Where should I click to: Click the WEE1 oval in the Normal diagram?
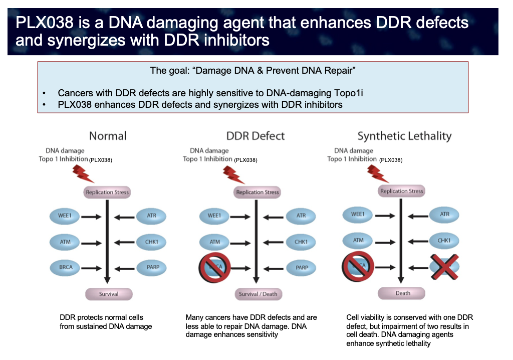coord(65,217)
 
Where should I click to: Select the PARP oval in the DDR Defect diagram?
coord(302,268)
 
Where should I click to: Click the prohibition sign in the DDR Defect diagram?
coord(215,268)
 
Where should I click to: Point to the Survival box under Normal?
coord(108,294)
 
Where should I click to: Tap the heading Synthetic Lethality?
coord(404,136)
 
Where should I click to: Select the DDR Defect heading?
coord(255,136)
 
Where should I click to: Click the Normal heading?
coord(108,136)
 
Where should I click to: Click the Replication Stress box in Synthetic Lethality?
coord(402,191)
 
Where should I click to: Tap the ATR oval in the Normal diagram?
coord(151,217)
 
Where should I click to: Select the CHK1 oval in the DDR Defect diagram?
coord(301,242)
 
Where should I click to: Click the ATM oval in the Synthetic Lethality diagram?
coord(359,241)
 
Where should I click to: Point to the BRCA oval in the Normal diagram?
coord(65,267)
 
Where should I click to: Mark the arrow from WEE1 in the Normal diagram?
coord(92,217)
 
